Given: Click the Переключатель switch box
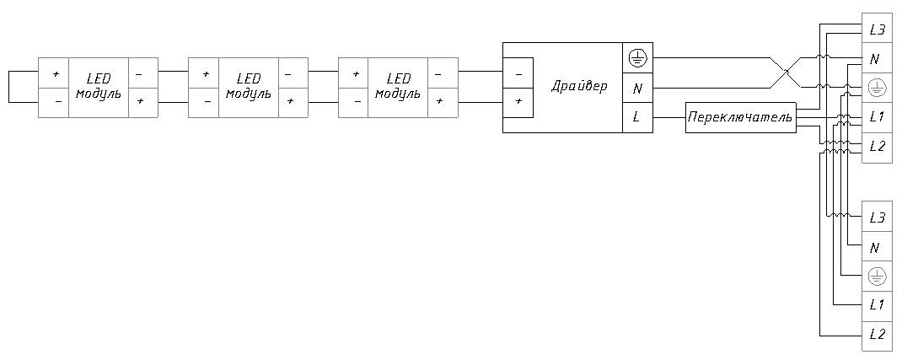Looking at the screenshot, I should pos(740,117).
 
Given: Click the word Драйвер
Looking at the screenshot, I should pos(578,87).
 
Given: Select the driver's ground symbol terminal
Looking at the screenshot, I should pos(637,58).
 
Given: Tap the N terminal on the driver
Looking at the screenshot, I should pos(637,88).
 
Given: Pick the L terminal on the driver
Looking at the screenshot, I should pos(637,117).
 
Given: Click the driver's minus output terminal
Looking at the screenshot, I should pos(518,73).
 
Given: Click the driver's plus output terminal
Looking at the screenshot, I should pos(518,102).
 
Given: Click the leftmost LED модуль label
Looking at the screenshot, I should pos(99,87).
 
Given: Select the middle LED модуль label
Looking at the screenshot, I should pos(249,87).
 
